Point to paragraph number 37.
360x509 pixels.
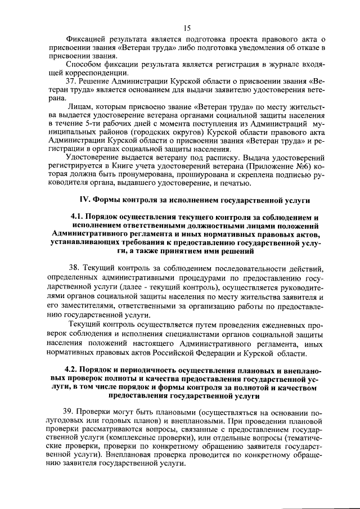pos(71,80)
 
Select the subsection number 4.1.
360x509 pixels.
pos(78,218)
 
